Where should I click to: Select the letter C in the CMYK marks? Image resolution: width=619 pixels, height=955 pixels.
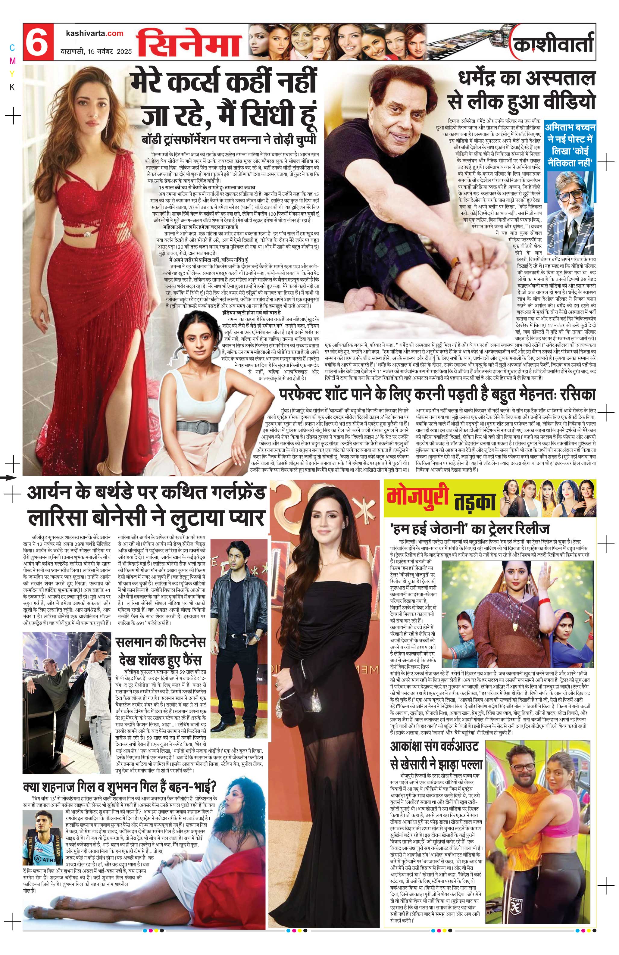click(x=12, y=48)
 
